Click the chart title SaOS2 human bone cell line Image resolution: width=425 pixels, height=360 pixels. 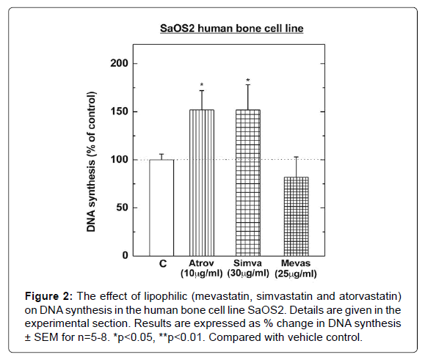click(233, 29)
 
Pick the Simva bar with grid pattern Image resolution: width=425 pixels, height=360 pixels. click(248, 183)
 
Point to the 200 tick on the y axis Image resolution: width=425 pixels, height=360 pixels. click(120, 64)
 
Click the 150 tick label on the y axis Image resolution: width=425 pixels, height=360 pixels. click(120, 111)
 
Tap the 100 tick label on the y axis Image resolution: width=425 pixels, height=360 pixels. click(120, 160)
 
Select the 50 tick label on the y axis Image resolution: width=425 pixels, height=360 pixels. click(123, 207)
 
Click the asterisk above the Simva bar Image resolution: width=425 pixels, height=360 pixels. click(248, 81)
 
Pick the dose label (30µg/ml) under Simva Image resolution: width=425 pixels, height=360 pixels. click(248, 274)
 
